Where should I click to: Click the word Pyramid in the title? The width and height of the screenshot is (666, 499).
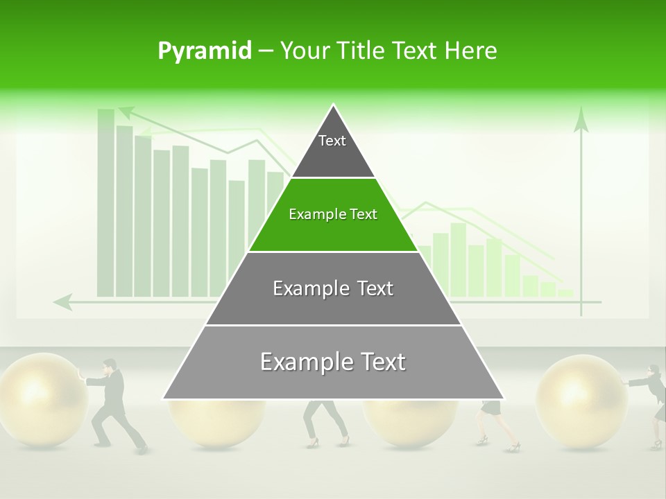tap(204, 51)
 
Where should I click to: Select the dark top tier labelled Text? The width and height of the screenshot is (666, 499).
tap(333, 149)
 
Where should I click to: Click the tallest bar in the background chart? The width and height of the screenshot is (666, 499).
tap(106, 201)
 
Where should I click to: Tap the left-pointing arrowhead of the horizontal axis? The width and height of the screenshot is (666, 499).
tap(62, 301)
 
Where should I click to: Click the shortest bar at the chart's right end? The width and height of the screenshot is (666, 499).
tap(565, 293)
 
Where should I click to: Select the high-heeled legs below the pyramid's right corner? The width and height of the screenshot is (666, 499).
tap(494, 424)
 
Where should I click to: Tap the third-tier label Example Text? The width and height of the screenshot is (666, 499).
tap(333, 288)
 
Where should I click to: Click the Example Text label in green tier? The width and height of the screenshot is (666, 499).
tap(333, 214)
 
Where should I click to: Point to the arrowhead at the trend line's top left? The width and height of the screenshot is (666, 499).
tap(126, 110)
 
